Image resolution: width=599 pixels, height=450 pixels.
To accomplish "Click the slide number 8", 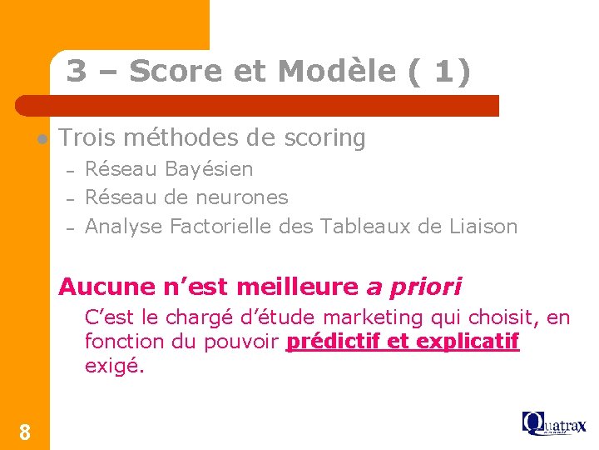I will [25, 432].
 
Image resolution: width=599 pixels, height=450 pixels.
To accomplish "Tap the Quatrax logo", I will [554, 423].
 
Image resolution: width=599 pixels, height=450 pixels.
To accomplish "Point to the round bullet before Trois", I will [40, 138].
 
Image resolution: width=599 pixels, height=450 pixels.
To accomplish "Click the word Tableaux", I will [364, 226].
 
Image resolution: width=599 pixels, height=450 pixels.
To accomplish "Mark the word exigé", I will [114, 365].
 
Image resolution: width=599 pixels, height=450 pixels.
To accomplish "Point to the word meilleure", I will [299, 287].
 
